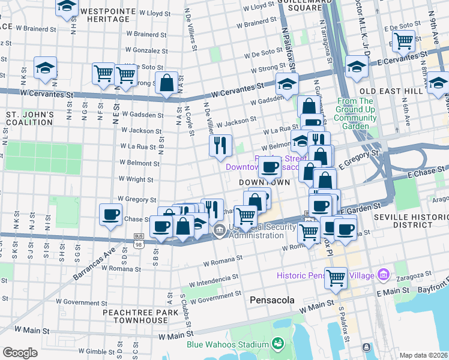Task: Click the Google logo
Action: click(x=20, y=353)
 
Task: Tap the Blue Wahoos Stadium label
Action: click(x=228, y=344)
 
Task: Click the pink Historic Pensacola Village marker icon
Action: click(x=384, y=275)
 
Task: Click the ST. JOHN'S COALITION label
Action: click(x=30, y=118)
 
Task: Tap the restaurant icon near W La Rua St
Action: click(x=220, y=145)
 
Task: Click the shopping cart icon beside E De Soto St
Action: click(x=403, y=41)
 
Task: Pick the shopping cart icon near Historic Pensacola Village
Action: click(x=336, y=277)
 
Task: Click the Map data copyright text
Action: click(x=424, y=355)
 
